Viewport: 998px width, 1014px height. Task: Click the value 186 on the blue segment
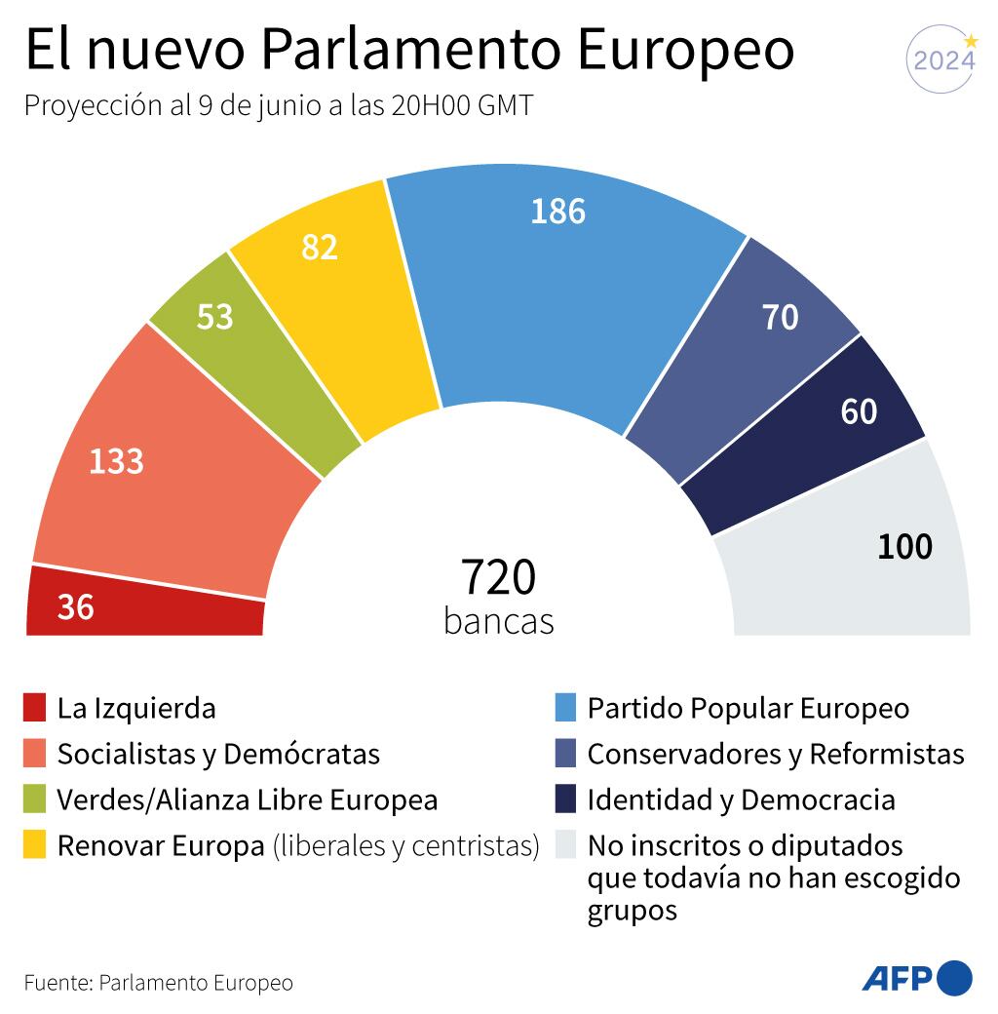tap(557, 211)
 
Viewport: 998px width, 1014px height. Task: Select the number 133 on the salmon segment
tap(116, 461)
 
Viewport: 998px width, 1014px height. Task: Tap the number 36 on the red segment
tap(75, 607)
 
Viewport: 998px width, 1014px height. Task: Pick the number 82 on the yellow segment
tap(320, 248)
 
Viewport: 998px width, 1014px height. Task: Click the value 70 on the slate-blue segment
tap(780, 317)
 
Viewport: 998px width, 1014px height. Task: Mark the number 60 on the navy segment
tap(859, 411)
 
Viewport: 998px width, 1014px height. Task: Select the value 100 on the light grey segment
tap(904, 547)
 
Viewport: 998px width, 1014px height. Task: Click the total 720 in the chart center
tap(498, 577)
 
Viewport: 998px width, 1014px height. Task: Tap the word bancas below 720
tap(498, 621)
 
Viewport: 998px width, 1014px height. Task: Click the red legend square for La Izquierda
tap(35, 708)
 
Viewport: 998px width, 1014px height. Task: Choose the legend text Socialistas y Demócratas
tap(218, 754)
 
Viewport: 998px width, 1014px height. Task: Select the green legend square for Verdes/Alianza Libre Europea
tap(35, 799)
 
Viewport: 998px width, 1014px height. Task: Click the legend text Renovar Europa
tap(160, 845)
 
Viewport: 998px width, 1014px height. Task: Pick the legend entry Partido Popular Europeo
tap(748, 708)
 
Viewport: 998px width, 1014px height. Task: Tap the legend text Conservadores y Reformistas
tap(775, 754)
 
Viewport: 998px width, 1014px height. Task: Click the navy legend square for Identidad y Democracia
tap(565, 799)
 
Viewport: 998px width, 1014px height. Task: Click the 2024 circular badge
tap(942, 60)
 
